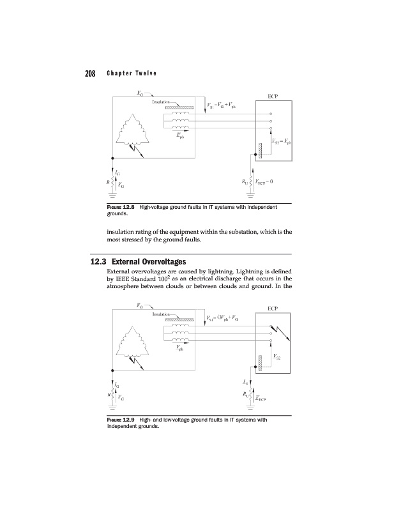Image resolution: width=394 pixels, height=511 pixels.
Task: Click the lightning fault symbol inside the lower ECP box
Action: click(280, 333)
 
